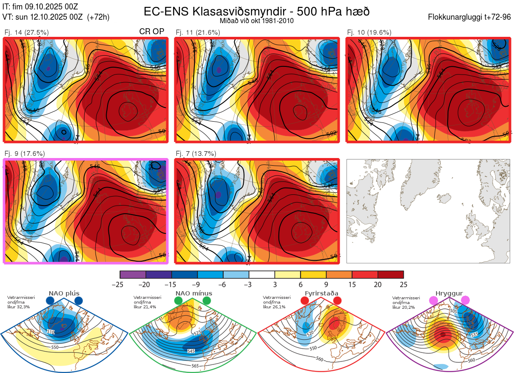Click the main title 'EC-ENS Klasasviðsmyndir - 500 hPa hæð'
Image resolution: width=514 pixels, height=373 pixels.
pyautogui.click(x=257, y=12)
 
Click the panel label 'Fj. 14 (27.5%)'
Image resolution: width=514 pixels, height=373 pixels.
pyautogui.click(x=27, y=32)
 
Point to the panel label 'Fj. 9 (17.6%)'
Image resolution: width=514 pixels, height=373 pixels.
pyautogui.click(x=25, y=153)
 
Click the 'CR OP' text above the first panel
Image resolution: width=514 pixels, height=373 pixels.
pyautogui.click(x=152, y=32)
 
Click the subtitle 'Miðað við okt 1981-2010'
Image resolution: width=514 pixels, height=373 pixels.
pyautogui.click(x=257, y=21)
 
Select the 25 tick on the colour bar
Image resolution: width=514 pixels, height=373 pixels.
pyautogui.click(x=403, y=284)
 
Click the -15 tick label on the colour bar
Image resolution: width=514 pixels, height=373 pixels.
pyautogui.click(x=172, y=284)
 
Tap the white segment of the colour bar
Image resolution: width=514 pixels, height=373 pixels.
pyautogui.click(x=262, y=275)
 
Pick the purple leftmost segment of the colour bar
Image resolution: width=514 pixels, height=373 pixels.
pyautogui.click(x=133, y=275)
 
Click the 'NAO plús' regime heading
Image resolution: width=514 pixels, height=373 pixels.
pyautogui.click(x=64, y=293)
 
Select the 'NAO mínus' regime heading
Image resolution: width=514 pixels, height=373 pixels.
pyautogui.click(x=194, y=293)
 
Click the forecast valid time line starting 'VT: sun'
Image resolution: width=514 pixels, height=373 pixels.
pyautogui.click(x=56, y=17)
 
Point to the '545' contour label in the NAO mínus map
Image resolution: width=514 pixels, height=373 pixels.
pyautogui.click(x=191, y=351)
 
